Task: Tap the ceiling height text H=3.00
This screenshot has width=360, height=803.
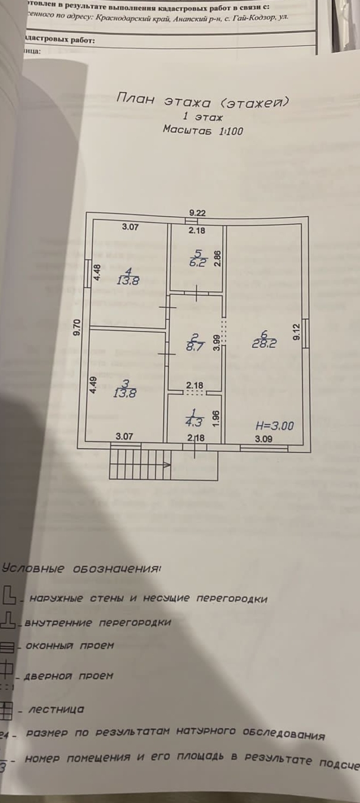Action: click(274, 426)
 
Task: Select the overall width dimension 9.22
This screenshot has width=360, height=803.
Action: click(198, 212)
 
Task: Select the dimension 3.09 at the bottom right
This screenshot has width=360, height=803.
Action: click(264, 440)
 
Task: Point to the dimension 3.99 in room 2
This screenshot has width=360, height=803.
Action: click(217, 342)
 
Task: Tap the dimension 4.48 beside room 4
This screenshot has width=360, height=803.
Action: click(97, 272)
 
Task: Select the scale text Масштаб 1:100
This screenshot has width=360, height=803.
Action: click(204, 130)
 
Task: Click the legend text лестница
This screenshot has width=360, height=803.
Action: click(57, 709)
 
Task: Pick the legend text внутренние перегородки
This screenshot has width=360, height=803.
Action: click(98, 623)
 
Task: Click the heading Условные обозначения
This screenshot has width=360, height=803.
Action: click(82, 568)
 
